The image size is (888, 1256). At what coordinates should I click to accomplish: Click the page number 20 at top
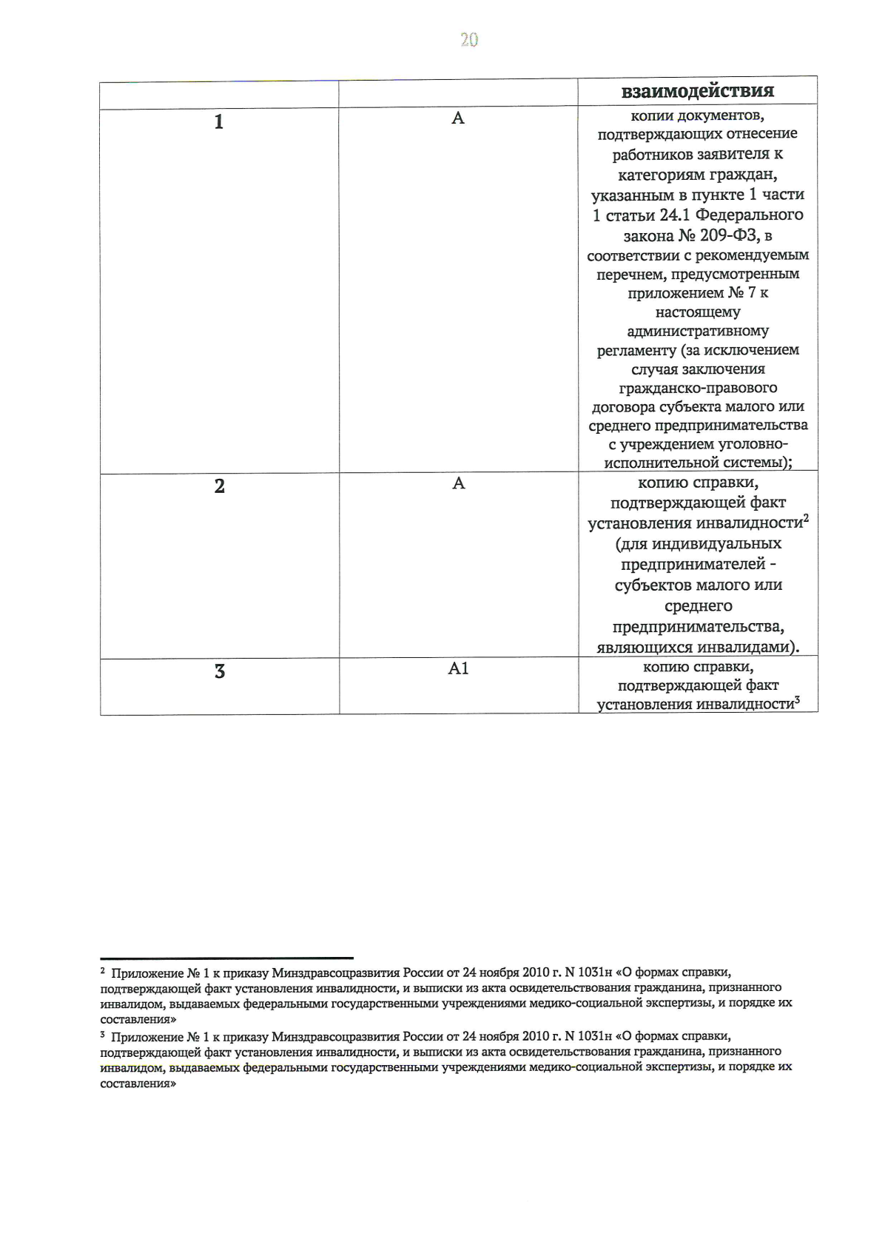pos(469,40)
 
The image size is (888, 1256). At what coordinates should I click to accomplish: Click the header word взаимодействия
pos(697,91)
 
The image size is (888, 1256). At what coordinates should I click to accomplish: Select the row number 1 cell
pos(219,122)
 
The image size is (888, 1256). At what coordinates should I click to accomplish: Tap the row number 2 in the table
pos(219,486)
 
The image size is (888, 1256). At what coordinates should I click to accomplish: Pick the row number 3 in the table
pos(219,672)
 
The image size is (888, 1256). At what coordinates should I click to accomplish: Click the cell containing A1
pos(458,668)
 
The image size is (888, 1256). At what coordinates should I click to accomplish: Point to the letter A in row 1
pos(458,118)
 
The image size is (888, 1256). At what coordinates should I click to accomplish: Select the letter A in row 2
pos(458,483)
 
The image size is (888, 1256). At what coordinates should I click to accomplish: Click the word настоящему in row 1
pos(697,312)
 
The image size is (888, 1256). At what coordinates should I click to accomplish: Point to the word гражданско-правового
pos(697,388)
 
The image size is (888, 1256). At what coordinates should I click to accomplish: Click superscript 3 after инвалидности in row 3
pos(798,700)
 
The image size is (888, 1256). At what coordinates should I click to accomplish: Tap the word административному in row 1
pos(697,332)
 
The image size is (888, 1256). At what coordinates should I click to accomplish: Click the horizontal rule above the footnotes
pos(226,958)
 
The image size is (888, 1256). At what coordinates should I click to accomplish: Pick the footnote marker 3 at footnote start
pos(103,1035)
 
